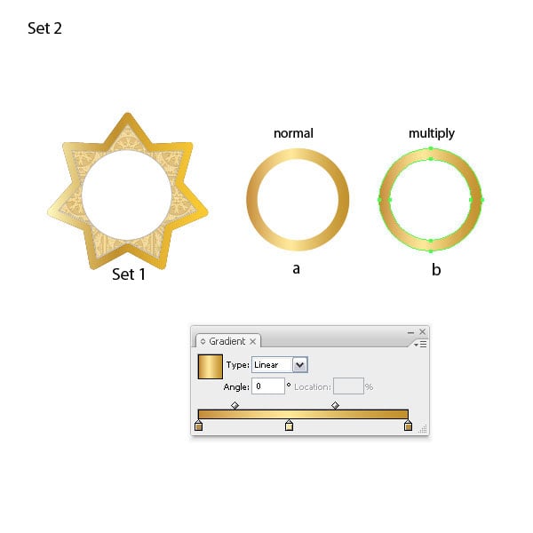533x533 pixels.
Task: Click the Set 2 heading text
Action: (x=44, y=28)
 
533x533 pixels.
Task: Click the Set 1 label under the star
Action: (x=129, y=274)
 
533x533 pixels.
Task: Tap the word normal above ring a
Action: (x=293, y=133)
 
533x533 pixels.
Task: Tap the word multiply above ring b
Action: (x=432, y=134)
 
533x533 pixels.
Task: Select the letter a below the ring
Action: (x=296, y=268)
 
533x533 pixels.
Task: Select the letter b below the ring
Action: (x=436, y=269)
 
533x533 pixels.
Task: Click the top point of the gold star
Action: (x=128, y=114)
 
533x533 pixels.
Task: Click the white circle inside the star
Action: (x=127, y=195)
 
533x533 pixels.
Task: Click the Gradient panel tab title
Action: (x=227, y=341)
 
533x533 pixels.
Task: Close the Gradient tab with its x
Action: (x=252, y=341)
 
